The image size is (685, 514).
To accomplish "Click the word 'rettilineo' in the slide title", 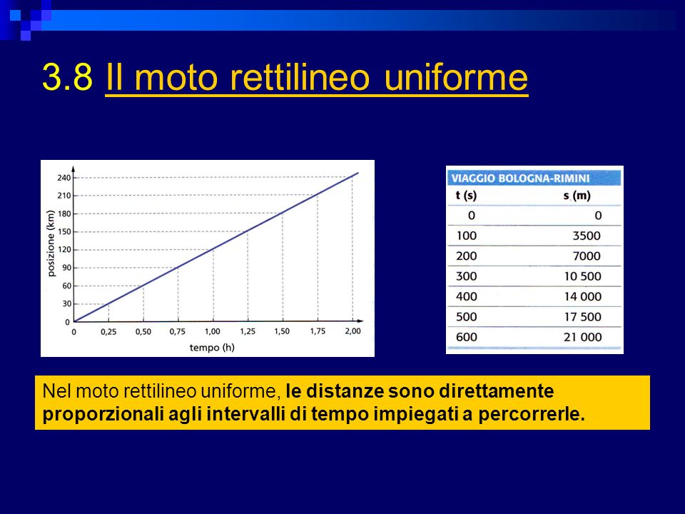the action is pos(299,77).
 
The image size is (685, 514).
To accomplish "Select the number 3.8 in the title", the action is pos(67,77).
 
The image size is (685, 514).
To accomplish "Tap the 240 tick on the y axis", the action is pos(64,178).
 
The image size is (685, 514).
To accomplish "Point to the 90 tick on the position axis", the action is pos(66,268).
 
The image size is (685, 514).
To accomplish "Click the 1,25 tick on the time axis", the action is pos(248,331).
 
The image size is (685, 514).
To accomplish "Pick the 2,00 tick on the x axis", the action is pos(353,331).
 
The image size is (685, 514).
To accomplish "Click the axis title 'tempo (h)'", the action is pos(212,348).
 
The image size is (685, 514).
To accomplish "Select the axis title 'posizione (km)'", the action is pos(51,243).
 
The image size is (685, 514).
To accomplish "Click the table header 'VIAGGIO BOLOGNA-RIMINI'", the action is pos(520,178).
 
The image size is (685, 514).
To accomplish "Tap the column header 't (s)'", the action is pos(466,196).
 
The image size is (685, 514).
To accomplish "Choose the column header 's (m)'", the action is pos(577,196).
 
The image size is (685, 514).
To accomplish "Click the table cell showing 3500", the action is pos(587,236).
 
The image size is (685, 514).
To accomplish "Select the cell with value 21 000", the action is pos(583,338).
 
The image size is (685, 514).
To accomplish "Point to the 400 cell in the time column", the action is pos(467,297).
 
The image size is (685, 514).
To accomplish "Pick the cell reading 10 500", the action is pos(583,277).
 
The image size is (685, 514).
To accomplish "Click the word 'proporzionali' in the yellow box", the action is pos(103,414).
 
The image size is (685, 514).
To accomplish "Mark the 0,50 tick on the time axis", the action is pos(143,331).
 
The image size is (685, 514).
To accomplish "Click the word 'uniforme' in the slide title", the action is pos(456,77).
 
